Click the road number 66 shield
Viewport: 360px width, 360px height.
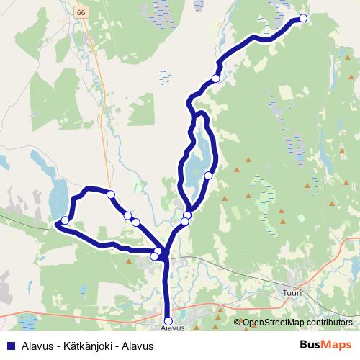coord(79,12)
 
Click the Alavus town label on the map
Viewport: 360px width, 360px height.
coord(168,328)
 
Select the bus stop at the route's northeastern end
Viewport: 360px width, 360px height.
coord(303,19)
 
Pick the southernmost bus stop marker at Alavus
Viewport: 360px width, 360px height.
coord(168,321)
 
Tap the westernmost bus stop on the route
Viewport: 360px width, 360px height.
coord(65,220)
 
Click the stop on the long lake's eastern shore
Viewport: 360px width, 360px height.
coord(208,175)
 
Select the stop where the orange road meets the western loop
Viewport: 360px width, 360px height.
coord(111,194)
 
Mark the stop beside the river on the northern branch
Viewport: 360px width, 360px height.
coord(215,79)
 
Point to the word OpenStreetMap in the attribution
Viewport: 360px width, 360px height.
coord(273,323)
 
